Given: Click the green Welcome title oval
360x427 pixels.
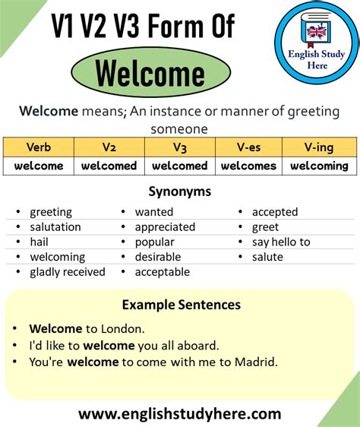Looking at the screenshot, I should pyautogui.click(x=150, y=74).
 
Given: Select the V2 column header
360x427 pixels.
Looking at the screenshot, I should pyautogui.click(x=108, y=147).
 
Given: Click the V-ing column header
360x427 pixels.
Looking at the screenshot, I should pyautogui.click(x=319, y=147).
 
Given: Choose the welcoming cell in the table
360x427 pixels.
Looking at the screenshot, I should pyautogui.click(x=319, y=166).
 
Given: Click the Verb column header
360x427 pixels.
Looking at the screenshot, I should pyautogui.click(x=38, y=147).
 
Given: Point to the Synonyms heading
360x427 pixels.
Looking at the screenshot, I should pyautogui.click(x=179, y=191).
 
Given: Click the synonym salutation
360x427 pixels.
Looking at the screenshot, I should pyautogui.click(x=55, y=227).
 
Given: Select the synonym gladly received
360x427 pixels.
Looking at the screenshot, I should pyautogui.click(x=68, y=272).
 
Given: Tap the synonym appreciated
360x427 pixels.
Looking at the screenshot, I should pyautogui.click(x=165, y=227).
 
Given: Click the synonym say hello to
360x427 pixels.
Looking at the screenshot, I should pyautogui.click(x=281, y=242).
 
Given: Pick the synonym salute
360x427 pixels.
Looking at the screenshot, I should pyautogui.click(x=267, y=257).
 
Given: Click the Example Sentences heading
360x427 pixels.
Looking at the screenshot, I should pyautogui.click(x=181, y=305).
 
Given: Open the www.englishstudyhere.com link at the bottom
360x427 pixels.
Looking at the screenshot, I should pyautogui.click(x=179, y=414).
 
